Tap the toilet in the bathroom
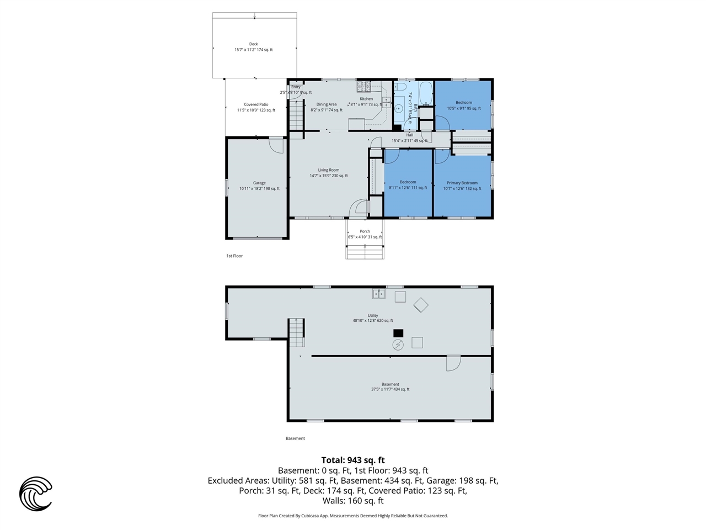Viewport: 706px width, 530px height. pos(400,87)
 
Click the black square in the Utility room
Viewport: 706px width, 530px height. pos(398,333)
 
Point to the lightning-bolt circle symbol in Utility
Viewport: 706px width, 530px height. pos(398,345)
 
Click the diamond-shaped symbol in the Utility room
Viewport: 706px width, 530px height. pos(421,305)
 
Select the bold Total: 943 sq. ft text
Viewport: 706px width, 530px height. pos(353,460)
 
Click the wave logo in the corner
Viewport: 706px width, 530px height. pos(36,494)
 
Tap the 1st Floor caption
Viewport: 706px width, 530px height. pos(234,256)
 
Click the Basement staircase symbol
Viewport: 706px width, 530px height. pos(296,331)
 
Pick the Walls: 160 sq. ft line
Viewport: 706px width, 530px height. pos(353,501)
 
